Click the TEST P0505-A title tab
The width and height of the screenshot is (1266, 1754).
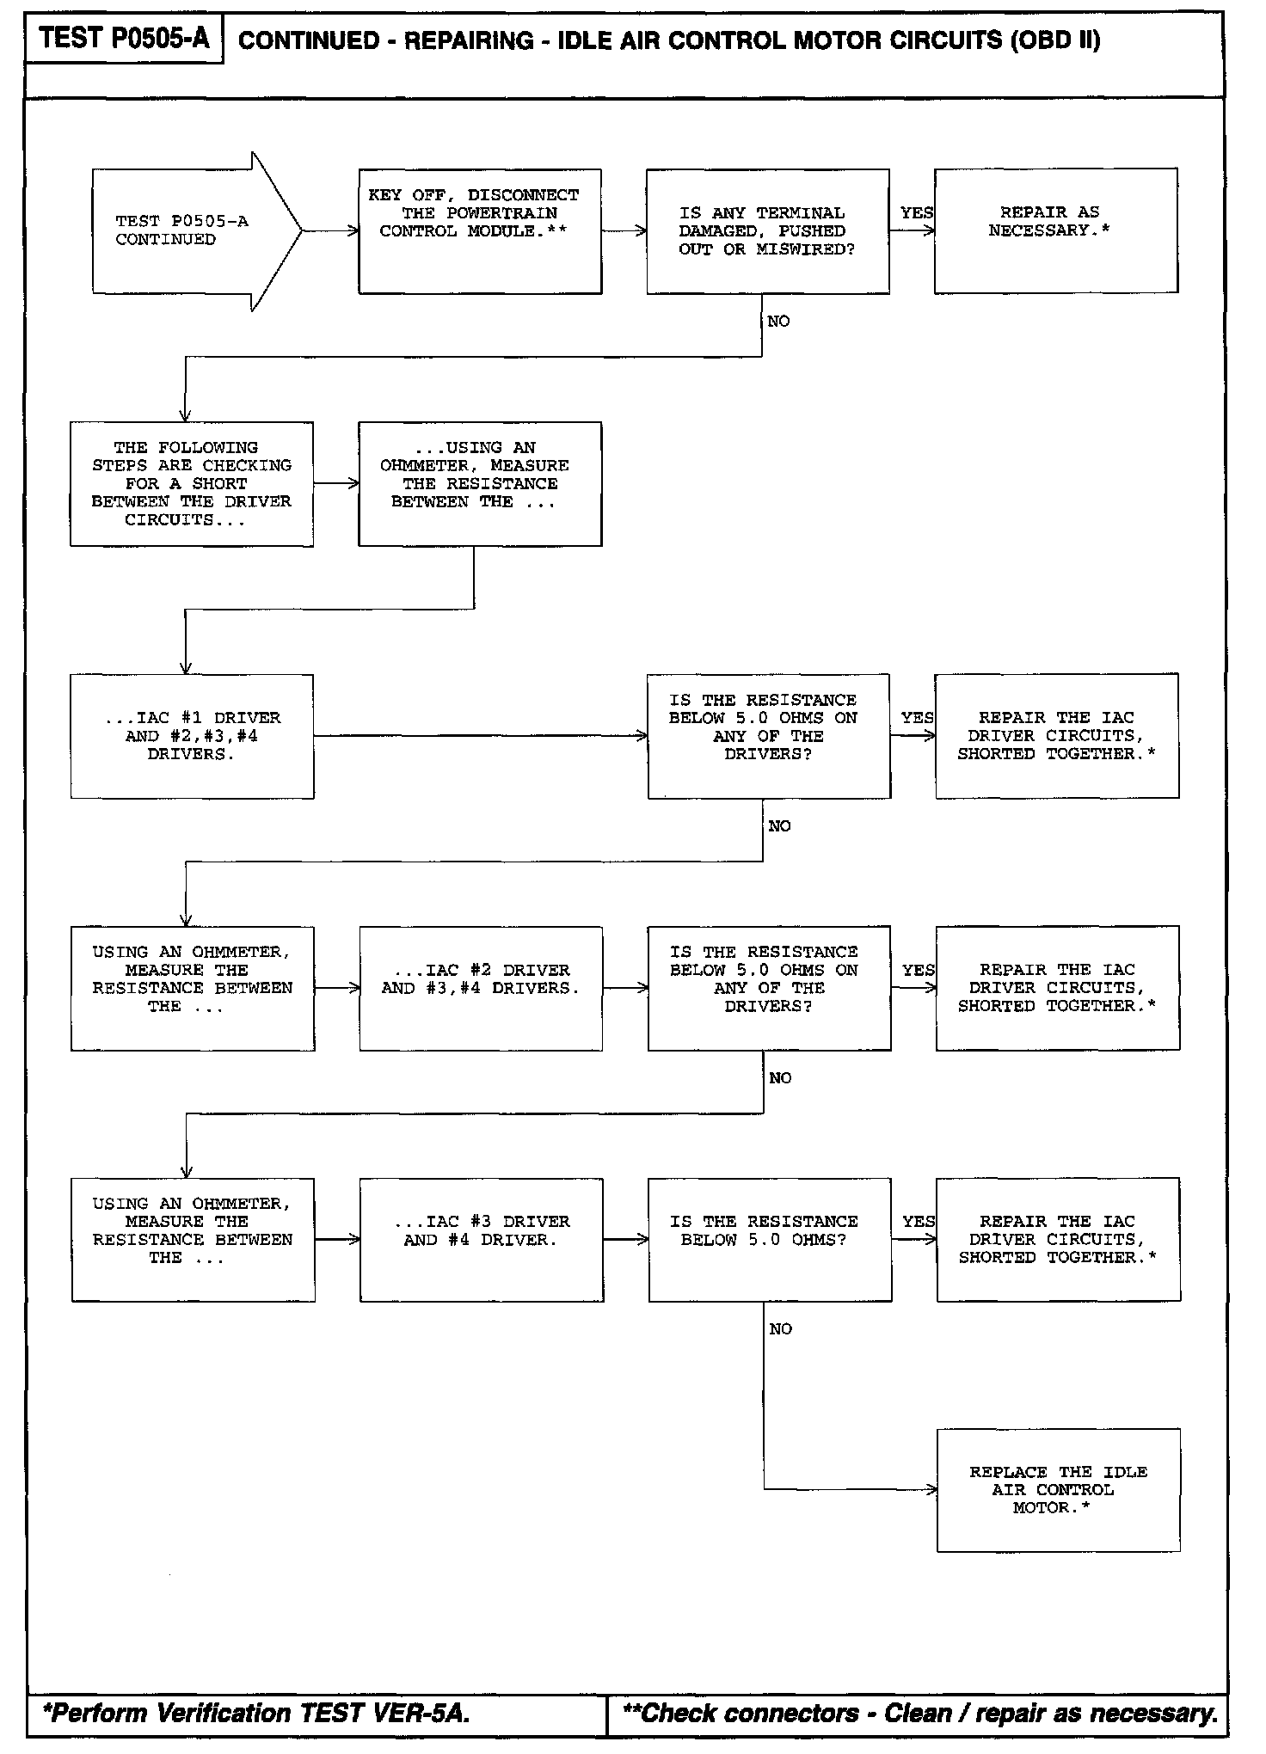pyautogui.click(x=124, y=38)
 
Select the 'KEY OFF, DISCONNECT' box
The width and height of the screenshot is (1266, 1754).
pyautogui.click(x=480, y=230)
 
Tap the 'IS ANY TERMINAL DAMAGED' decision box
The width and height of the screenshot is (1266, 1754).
pyautogui.click(x=768, y=230)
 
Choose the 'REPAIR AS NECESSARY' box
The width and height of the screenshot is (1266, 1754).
pyautogui.click(x=1056, y=230)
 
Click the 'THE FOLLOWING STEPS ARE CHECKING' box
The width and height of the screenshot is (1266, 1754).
pyautogui.click(x=192, y=483)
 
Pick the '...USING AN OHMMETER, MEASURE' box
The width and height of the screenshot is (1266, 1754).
pyautogui.click(x=480, y=483)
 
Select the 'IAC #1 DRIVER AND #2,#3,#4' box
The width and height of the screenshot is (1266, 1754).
pyautogui.click(x=192, y=736)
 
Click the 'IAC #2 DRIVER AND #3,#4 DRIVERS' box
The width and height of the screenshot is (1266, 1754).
pyautogui.click(x=481, y=988)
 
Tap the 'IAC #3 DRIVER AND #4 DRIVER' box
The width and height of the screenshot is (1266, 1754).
pyautogui.click(x=481, y=1239)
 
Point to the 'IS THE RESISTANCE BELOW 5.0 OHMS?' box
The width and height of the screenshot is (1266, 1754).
pyautogui.click(x=770, y=1239)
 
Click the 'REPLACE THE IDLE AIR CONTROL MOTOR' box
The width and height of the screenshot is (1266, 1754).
pyautogui.click(x=1058, y=1490)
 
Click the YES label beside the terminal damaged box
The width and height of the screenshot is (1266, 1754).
pyautogui.click(x=916, y=212)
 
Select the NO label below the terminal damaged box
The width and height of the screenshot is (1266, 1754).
pyautogui.click(x=778, y=322)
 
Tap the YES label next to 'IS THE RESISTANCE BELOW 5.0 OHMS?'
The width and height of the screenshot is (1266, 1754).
pyautogui.click(x=918, y=1221)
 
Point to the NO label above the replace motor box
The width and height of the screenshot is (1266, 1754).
pyautogui.click(x=780, y=1329)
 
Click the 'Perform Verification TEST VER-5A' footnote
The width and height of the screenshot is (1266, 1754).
pyautogui.click(x=256, y=1714)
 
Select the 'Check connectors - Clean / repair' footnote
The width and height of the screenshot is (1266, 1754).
pyautogui.click(x=919, y=1714)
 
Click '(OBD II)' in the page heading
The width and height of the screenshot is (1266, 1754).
pyautogui.click(x=1055, y=40)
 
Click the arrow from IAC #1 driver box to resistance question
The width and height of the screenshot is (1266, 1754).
pyautogui.click(x=480, y=736)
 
